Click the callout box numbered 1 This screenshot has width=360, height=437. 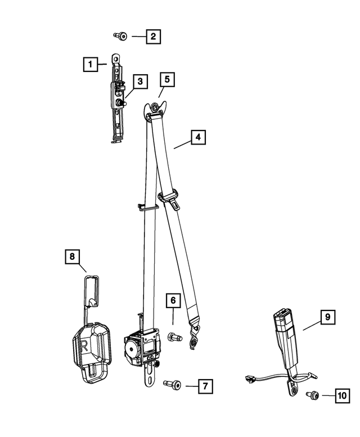[x=89, y=64]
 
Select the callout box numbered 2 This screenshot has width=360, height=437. [x=152, y=37]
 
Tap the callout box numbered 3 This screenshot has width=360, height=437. [x=139, y=82]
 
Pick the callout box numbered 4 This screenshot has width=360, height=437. [x=197, y=137]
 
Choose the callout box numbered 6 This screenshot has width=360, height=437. [x=173, y=301]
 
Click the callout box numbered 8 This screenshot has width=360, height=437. [x=72, y=257]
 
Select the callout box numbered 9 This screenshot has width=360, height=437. [x=327, y=318]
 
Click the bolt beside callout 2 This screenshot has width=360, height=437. [x=121, y=37]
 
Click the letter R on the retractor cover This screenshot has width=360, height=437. [x=84, y=344]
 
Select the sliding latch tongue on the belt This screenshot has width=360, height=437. [x=170, y=199]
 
